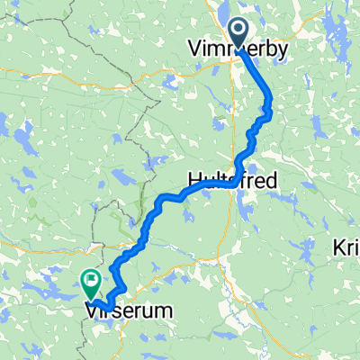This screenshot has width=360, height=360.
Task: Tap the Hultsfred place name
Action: click(232, 180)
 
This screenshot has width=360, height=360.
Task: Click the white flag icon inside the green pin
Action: click(91, 280)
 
